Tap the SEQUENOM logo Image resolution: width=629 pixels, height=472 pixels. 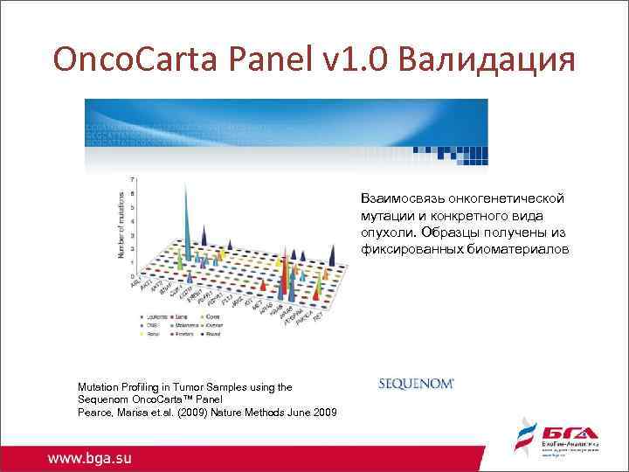(417, 383)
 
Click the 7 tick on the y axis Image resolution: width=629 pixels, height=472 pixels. (132, 179)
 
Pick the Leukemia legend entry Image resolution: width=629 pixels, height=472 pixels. (158, 315)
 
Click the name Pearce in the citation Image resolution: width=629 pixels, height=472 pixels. (95, 412)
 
